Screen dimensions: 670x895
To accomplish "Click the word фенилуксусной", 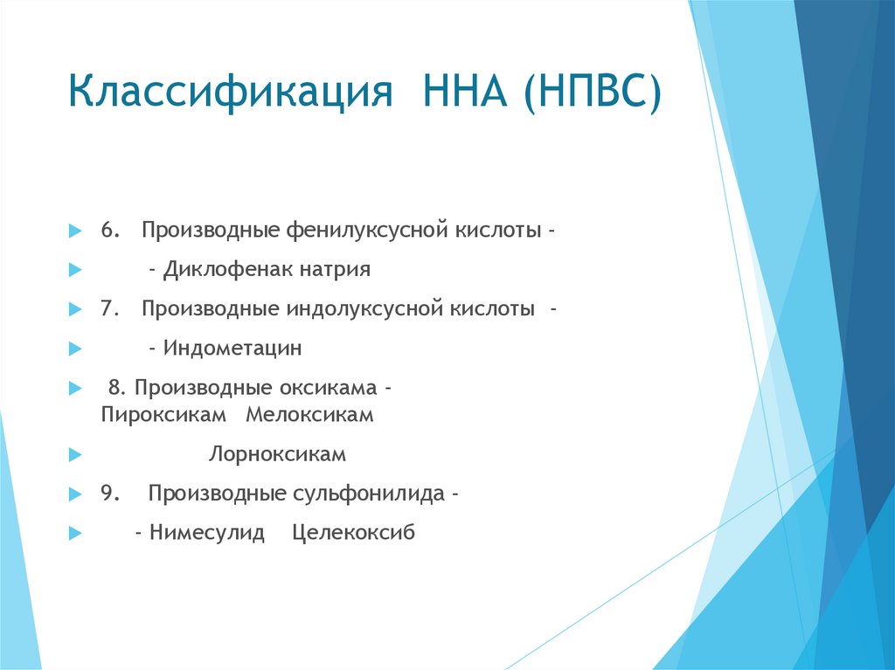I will click(368, 231).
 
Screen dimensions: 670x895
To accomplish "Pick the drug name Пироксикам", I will click(163, 416).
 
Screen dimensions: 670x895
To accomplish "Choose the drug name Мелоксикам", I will click(309, 416).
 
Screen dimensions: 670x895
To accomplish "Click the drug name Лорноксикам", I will click(278, 455).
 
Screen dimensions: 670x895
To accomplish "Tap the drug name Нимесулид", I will click(207, 533).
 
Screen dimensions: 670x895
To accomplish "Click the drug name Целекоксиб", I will click(354, 533).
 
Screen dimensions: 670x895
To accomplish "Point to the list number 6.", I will click(108, 231).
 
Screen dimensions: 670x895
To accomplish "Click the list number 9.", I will click(108, 494).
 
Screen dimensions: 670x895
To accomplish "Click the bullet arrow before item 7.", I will click(74, 310).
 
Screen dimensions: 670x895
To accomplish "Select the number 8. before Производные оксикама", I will click(117, 387).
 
